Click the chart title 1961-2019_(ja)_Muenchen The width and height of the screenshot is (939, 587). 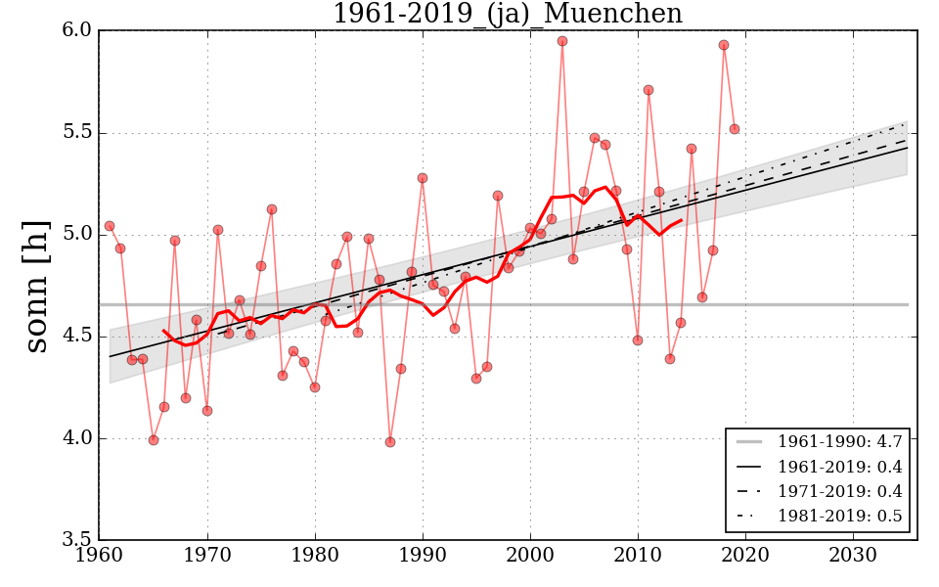click(507, 15)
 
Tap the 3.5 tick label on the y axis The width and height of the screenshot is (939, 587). click(78, 540)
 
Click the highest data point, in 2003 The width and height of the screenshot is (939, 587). click(562, 41)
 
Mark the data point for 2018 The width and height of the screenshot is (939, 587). click(724, 45)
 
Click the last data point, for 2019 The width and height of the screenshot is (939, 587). click(735, 129)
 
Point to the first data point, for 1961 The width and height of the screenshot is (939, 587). click(110, 226)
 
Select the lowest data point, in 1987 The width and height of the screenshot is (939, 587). click(390, 442)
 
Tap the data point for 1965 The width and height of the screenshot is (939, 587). click(154, 440)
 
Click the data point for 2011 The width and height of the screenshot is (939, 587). click(648, 90)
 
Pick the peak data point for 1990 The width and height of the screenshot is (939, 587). click(423, 178)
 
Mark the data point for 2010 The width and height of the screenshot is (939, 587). click(638, 340)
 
